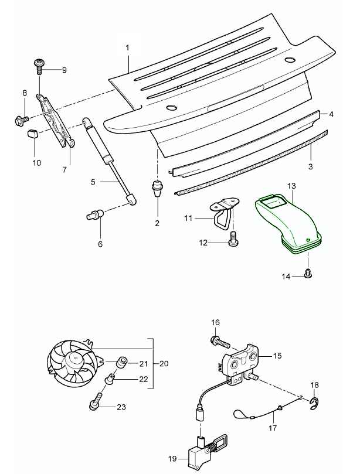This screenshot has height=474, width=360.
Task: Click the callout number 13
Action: [x=291, y=186]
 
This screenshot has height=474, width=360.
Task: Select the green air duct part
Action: [x=287, y=223]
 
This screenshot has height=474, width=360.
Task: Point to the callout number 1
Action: [x=128, y=46]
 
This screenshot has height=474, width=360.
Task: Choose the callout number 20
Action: [x=164, y=364]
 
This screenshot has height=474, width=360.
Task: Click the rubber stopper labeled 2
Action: [x=157, y=189]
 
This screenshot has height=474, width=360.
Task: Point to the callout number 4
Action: [x=331, y=115]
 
